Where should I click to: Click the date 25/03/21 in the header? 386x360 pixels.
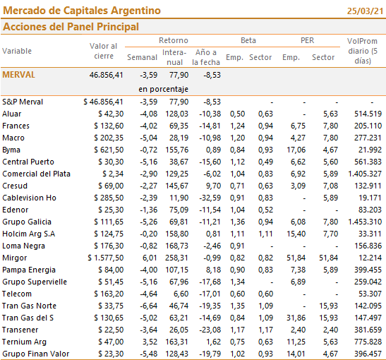[x=365, y=11]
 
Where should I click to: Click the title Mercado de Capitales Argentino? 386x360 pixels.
[x=82, y=11]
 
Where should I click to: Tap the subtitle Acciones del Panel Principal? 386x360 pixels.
[x=71, y=27]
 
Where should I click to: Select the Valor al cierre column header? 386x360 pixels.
[x=104, y=51]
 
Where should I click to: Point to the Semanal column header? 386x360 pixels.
[x=142, y=57]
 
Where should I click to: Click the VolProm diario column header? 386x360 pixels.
[x=363, y=51]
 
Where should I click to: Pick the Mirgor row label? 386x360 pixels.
[x=15, y=258]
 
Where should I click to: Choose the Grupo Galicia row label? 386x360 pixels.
[x=27, y=222]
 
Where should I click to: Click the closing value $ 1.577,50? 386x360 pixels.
[x=106, y=258]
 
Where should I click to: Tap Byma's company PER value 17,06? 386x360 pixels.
[x=296, y=150]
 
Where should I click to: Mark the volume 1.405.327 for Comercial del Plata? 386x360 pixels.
[x=365, y=174]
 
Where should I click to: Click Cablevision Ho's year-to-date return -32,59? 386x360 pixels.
[x=210, y=198]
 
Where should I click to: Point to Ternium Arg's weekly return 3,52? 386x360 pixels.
[x=150, y=342]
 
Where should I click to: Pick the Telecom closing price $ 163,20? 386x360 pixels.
[x=109, y=294]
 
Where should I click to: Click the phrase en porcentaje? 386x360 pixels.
[x=163, y=89]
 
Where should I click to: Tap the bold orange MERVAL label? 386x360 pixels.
[x=19, y=75]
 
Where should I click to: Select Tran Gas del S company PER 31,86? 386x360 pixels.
[x=296, y=318]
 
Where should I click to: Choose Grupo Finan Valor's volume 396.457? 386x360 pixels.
[x=368, y=354]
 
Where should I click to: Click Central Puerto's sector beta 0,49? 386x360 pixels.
[x=265, y=162]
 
